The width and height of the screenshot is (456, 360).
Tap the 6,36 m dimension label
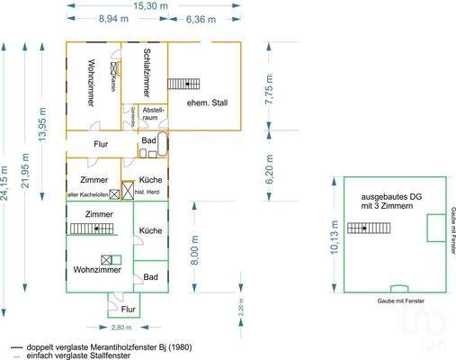pos(200,18)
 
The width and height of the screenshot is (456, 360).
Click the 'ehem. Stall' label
pos(207,103)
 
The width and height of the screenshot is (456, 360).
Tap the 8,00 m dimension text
pos(194,246)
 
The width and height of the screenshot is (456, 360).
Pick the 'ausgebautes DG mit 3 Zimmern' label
pos(387,201)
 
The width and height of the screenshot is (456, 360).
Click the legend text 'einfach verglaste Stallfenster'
pos(79,355)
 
